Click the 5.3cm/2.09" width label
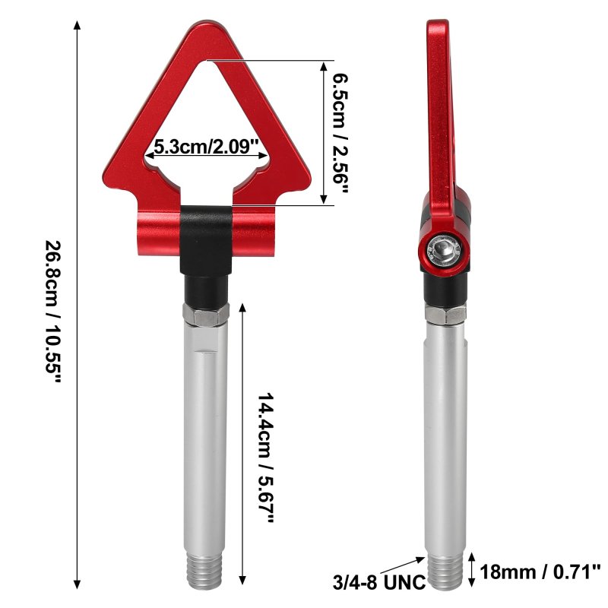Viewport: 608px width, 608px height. [206, 147]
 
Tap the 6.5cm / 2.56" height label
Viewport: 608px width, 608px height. [340, 133]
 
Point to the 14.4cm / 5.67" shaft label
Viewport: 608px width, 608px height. [266, 458]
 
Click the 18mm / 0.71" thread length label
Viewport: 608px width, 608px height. [540, 572]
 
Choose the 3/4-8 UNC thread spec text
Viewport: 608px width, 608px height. [378, 582]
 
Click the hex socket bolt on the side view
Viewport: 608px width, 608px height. [443, 249]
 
